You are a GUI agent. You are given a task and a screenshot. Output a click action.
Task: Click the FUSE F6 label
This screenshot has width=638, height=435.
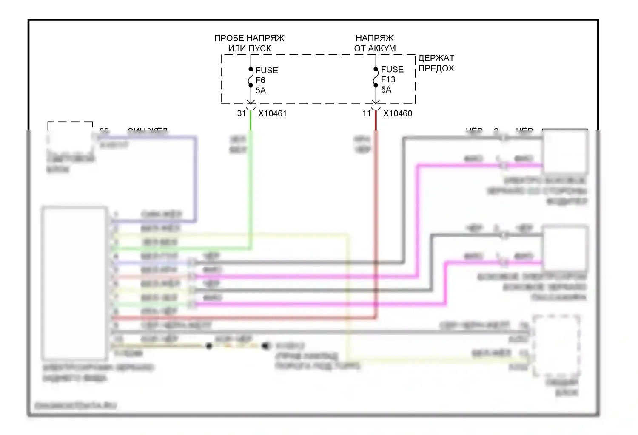(x=266, y=75)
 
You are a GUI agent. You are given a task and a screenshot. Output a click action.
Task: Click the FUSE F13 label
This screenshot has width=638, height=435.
(x=392, y=74)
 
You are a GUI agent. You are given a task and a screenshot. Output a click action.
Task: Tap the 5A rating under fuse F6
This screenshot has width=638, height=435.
(x=260, y=90)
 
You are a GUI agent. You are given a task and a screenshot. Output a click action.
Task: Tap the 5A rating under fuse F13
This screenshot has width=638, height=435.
(x=386, y=90)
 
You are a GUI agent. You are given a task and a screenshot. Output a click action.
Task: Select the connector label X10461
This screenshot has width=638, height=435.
(x=272, y=113)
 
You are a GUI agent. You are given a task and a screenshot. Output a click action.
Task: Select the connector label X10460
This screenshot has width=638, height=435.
(x=397, y=113)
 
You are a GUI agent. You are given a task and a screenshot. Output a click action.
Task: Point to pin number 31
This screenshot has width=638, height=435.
(x=242, y=113)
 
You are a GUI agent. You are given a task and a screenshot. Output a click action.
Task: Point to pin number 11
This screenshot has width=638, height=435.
(x=367, y=113)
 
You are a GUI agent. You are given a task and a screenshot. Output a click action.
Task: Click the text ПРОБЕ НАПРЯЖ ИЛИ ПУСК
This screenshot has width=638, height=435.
(x=249, y=43)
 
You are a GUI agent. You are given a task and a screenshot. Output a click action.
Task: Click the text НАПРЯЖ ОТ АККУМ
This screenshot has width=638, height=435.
(x=375, y=43)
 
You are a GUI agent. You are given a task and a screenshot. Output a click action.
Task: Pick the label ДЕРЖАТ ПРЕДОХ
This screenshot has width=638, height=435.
(x=436, y=63)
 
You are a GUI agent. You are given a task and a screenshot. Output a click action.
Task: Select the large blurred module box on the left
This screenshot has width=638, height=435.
(x=74, y=282)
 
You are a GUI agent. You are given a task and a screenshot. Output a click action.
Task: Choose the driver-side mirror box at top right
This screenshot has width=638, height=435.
(x=565, y=152)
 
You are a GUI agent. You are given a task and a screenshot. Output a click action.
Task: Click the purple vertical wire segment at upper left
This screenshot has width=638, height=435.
(x=195, y=178)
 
